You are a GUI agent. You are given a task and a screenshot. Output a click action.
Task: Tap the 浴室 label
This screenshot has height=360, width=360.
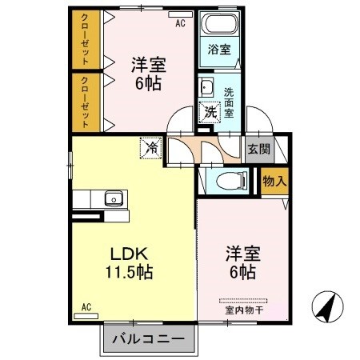coord(219,50)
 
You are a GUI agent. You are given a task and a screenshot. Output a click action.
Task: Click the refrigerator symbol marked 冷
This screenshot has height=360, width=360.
coord(150,147)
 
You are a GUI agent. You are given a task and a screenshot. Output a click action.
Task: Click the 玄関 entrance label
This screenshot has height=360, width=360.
coord(258,149)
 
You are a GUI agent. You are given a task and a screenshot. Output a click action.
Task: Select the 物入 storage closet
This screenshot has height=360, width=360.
coord(274,181)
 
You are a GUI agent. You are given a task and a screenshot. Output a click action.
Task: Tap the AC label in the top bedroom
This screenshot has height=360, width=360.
coord(180,23)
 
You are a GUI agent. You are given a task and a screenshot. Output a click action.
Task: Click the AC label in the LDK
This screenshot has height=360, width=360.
coord(86,306)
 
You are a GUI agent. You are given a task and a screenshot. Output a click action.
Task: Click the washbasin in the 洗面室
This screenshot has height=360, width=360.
coord(206,87)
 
